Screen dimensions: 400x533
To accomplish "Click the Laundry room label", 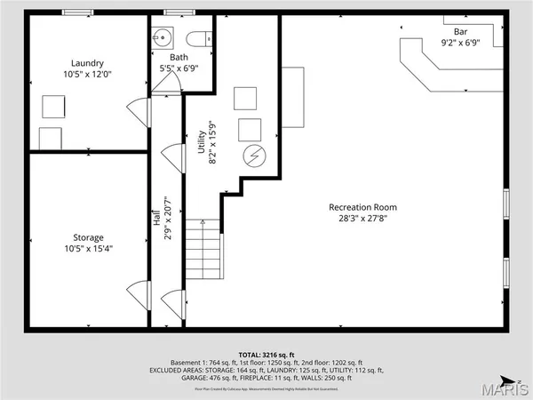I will (x=88, y=63).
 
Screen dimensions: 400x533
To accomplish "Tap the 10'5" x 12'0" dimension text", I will (x=88, y=76).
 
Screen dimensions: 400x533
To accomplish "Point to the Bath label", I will (x=179, y=57).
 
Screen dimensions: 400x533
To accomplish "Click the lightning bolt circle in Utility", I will (x=254, y=156).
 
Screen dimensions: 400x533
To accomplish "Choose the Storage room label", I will (x=88, y=237).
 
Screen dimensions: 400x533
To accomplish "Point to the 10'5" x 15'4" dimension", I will (x=88, y=249).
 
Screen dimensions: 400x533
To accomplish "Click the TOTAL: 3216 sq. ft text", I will (x=266, y=354).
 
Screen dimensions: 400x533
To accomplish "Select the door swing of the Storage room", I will (x=137, y=291).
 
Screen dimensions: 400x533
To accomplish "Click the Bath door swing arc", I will (x=167, y=82).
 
